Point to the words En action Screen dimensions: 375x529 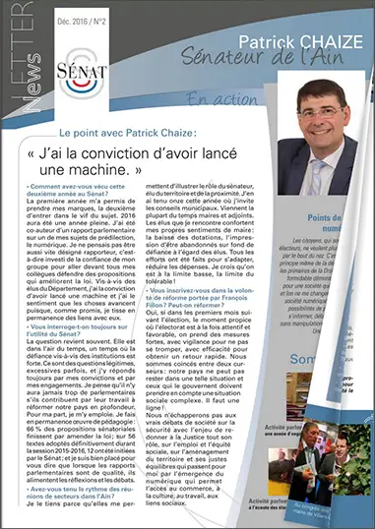pyautogui.click(x=220, y=99)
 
